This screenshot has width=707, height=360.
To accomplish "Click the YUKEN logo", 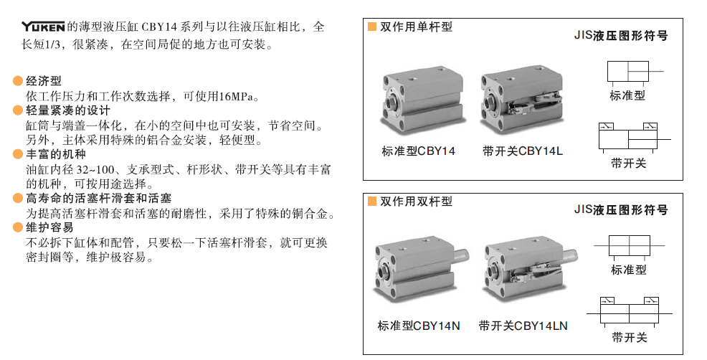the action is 43,27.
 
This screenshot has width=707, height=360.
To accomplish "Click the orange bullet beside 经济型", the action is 18,81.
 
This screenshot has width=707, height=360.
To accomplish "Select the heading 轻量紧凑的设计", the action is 67,110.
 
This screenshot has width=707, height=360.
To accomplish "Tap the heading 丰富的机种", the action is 55,154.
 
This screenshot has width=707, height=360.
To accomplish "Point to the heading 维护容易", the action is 49,227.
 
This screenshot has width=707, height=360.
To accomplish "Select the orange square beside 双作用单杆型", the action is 372,27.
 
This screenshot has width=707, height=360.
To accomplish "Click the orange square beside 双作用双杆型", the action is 372,202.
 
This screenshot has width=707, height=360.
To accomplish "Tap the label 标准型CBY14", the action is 419,151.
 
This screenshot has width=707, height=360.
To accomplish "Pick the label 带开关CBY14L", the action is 523,151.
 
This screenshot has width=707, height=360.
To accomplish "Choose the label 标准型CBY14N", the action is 419,326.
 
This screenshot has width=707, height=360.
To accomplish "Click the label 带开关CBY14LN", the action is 523,326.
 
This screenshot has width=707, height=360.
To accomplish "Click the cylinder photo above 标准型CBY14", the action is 422,101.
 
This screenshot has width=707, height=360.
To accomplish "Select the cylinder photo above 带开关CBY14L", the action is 522,100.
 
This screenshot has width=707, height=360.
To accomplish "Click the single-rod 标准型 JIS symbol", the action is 634,73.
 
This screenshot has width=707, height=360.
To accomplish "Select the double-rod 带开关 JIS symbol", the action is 630,311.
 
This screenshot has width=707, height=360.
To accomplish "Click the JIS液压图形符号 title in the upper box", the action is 621,36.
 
